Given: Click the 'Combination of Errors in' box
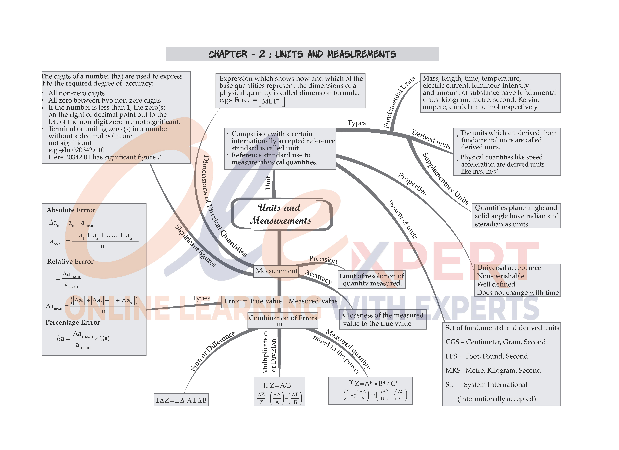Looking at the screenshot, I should point(283,320).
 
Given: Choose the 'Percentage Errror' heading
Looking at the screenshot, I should point(73,323).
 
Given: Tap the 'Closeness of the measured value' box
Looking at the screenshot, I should point(383,319).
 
